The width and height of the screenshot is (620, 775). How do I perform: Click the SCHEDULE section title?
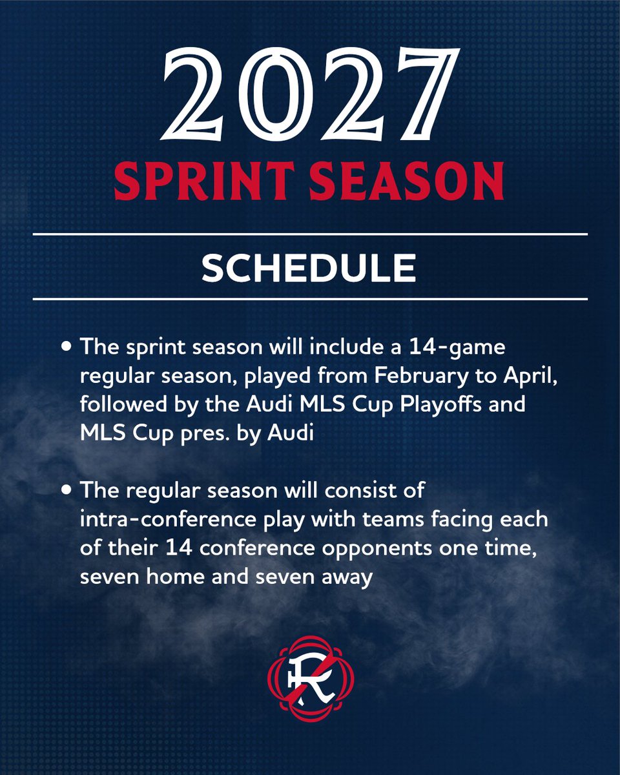point(309,267)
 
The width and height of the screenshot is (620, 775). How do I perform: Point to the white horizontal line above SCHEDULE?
point(309,234)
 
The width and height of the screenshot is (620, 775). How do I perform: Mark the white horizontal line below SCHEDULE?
point(309,299)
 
